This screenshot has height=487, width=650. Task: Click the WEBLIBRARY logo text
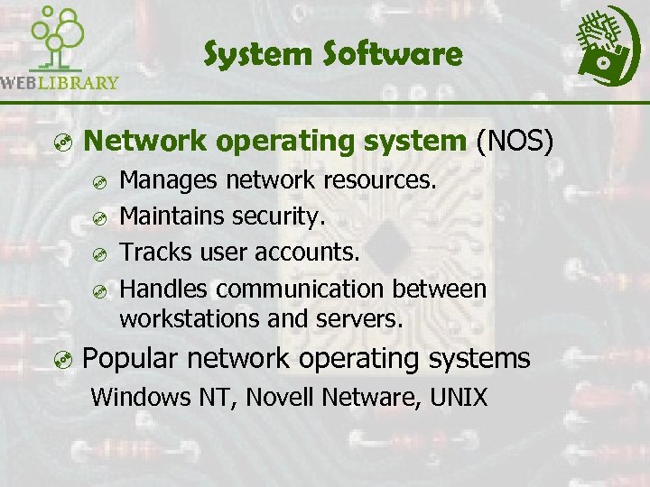coord(60,83)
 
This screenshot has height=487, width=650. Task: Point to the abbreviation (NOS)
coord(515,142)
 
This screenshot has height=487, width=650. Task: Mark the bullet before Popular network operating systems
coord(61,361)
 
